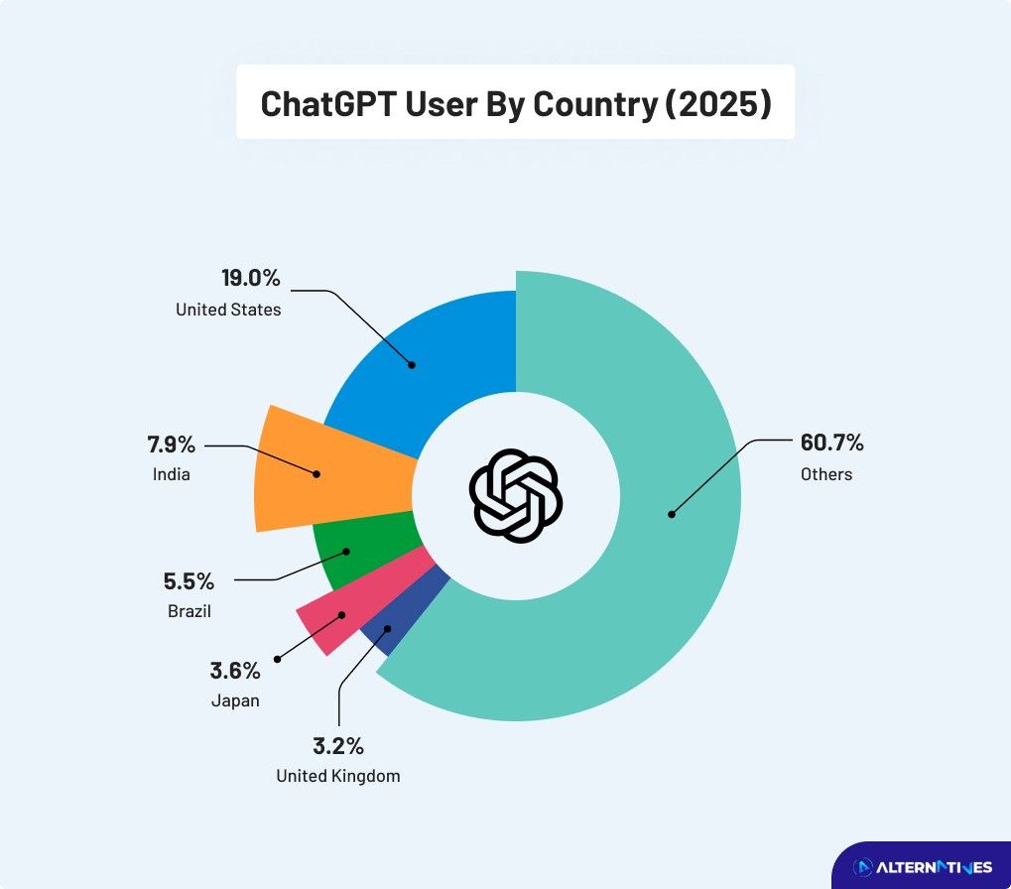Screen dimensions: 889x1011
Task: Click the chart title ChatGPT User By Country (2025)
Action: click(515, 103)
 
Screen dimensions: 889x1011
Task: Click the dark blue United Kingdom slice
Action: click(393, 624)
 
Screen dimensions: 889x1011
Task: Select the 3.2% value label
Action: click(338, 745)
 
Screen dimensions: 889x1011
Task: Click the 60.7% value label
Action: click(832, 443)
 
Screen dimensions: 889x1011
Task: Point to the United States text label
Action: click(228, 310)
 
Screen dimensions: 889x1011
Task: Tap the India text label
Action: click(171, 474)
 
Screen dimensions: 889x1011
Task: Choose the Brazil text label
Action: click(190, 611)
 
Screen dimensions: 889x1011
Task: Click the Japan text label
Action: click(235, 700)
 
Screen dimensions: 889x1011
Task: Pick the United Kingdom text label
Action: click(338, 776)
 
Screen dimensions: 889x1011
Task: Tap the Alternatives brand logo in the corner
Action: click(923, 867)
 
